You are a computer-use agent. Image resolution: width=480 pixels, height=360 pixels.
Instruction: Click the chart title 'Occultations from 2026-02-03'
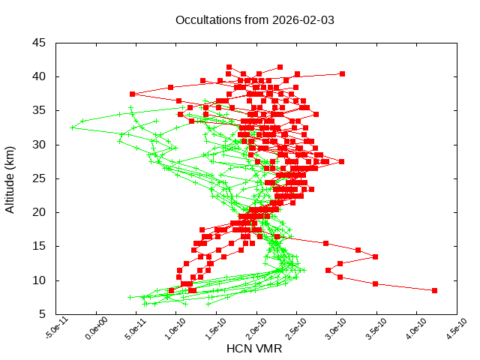(254, 19)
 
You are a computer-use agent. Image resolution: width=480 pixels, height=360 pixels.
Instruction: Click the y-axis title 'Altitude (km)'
(10, 178)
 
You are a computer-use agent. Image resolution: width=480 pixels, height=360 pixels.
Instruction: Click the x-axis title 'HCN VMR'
(254, 349)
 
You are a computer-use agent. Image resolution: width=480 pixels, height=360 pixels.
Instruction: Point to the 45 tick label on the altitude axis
(39, 43)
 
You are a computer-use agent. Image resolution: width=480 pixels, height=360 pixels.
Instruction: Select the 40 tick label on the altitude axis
(39, 76)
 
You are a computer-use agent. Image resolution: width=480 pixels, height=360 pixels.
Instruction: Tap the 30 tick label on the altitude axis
(39, 144)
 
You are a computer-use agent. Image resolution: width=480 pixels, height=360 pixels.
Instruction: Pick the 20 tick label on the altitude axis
(39, 212)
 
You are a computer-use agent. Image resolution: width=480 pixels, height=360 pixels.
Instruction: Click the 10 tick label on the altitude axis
(39, 280)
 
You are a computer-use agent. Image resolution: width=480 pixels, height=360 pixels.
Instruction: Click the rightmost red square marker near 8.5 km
(435, 290)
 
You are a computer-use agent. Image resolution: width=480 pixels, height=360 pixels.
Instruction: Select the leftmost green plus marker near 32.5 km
(72, 127)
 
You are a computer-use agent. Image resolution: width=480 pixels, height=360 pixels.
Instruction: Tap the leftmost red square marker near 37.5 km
(132, 94)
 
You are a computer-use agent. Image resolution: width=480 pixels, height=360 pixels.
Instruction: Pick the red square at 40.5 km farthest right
(342, 73)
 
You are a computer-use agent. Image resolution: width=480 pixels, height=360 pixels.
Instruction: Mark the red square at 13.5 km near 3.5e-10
(375, 256)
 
